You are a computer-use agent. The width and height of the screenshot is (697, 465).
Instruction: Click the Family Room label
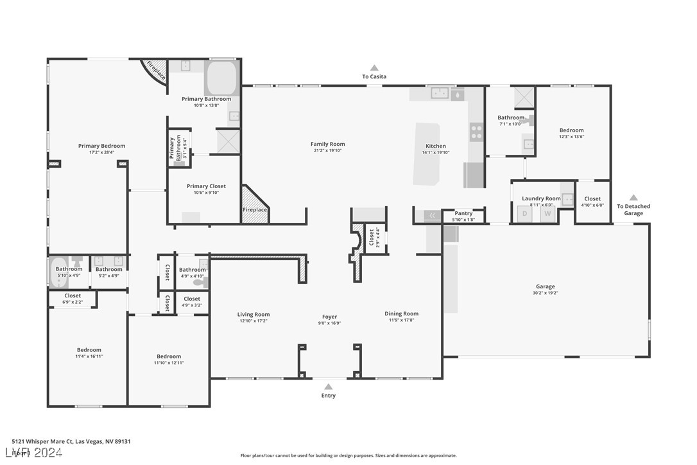327,145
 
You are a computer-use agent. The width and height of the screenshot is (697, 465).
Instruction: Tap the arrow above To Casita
374,67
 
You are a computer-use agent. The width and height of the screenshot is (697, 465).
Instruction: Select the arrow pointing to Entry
328,387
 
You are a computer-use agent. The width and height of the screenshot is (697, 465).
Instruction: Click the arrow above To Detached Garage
633,198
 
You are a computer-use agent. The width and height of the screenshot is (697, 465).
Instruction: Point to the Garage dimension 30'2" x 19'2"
546,293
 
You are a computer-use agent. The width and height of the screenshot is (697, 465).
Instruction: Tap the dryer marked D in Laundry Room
524,214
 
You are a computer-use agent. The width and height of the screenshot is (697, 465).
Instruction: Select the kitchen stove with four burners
476,132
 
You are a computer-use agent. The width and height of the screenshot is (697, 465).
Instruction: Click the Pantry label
463,213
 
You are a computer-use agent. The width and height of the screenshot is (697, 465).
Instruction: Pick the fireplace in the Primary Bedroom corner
155,70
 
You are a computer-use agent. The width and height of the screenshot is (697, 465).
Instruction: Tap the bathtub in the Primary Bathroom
221,78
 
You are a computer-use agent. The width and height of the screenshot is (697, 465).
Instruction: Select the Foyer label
329,317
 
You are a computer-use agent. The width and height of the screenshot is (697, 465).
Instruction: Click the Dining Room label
402,314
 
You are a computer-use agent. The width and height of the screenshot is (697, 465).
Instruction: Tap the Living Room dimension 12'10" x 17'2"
254,320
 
